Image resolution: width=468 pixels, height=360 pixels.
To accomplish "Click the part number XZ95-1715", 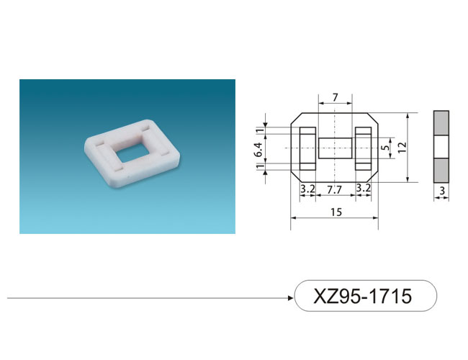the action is [362, 296].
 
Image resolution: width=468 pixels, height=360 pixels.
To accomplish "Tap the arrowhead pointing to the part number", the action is [290, 297].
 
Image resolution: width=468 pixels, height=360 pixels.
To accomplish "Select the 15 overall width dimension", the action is [336, 212].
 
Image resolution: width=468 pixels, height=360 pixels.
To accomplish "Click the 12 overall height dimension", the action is [402, 147].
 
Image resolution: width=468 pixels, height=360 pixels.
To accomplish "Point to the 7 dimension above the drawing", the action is [336, 97].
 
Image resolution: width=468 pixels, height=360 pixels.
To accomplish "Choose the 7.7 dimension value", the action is [334, 189].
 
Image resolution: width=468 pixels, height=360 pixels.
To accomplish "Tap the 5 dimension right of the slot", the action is [386, 148].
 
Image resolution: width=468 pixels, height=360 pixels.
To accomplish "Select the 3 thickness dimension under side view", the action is [442, 191].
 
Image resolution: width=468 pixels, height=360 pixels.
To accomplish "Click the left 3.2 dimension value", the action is [307, 189].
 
